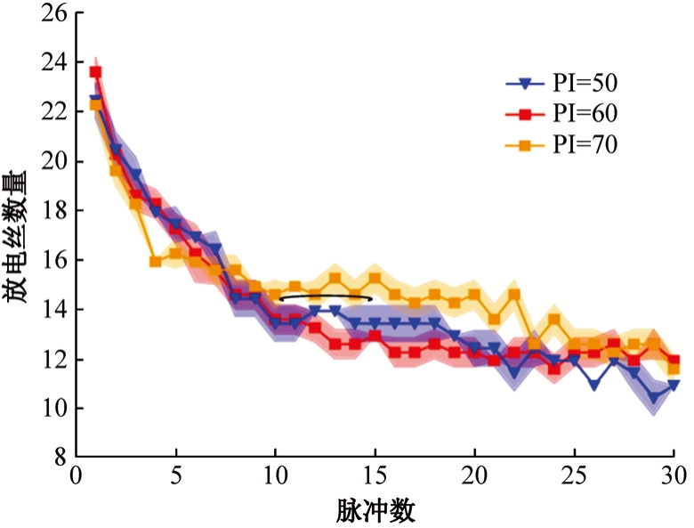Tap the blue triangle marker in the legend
tap(525, 84)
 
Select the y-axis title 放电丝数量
tap(20, 236)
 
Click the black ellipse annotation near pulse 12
tap(326, 297)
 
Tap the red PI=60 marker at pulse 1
tap(96, 72)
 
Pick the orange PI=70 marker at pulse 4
tap(156, 262)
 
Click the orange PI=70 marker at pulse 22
tap(514, 295)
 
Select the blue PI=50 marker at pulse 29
tap(654, 397)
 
